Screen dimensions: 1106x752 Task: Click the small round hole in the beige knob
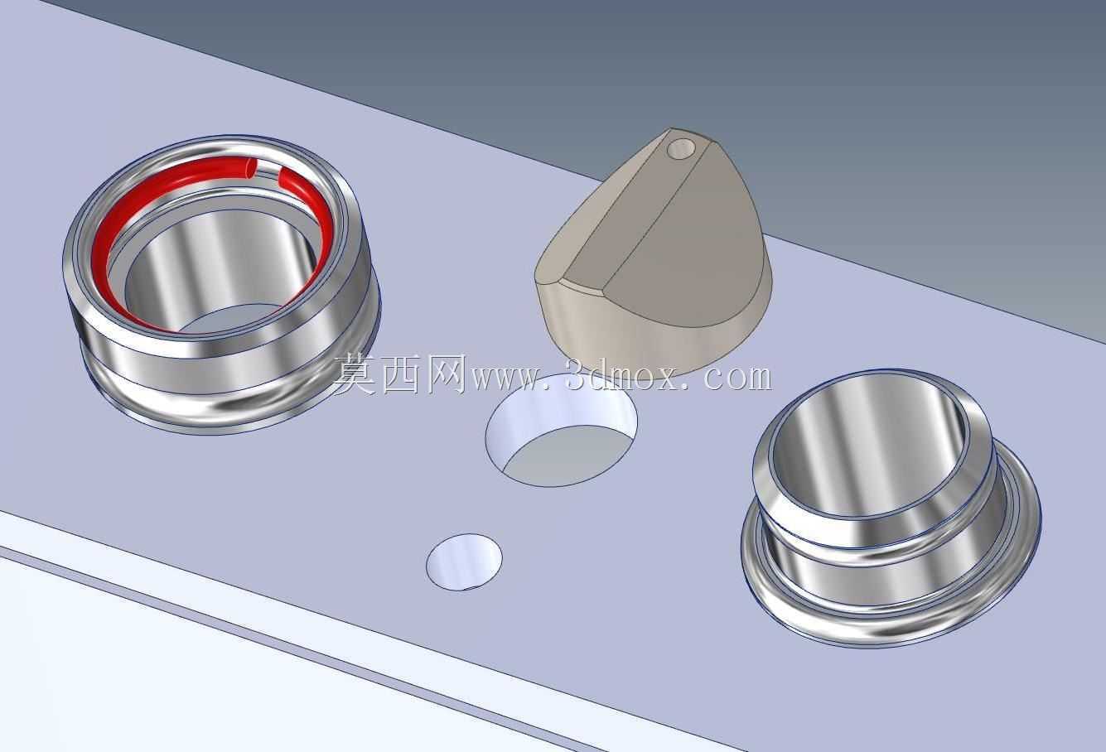coord(681,148)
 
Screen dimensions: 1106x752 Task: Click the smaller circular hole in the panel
coord(464,562)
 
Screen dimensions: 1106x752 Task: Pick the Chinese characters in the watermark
coord(400,375)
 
